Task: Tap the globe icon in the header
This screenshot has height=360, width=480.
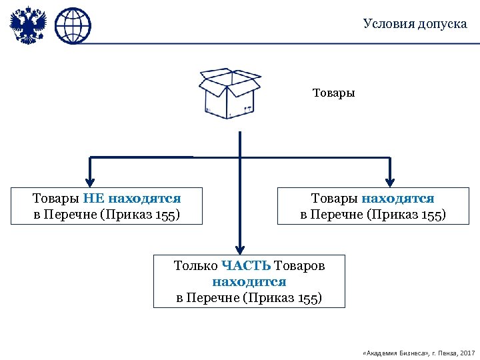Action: [x=73, y=26]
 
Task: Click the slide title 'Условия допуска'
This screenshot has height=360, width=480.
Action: [x=415, y=24]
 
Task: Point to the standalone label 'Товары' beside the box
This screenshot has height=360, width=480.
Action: [x=334, y=93]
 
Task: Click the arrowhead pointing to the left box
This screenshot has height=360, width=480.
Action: [x=91, y=179]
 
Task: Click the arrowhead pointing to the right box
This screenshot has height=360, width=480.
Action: [x=391, y=179]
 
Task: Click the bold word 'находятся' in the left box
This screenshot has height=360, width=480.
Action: [x=145, y=199]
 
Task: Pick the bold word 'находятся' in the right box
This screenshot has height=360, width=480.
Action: [x=398, y=199]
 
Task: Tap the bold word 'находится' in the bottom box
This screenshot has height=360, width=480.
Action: [x=249, y=282]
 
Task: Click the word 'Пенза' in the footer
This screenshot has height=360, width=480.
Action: [x=443, y=351]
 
